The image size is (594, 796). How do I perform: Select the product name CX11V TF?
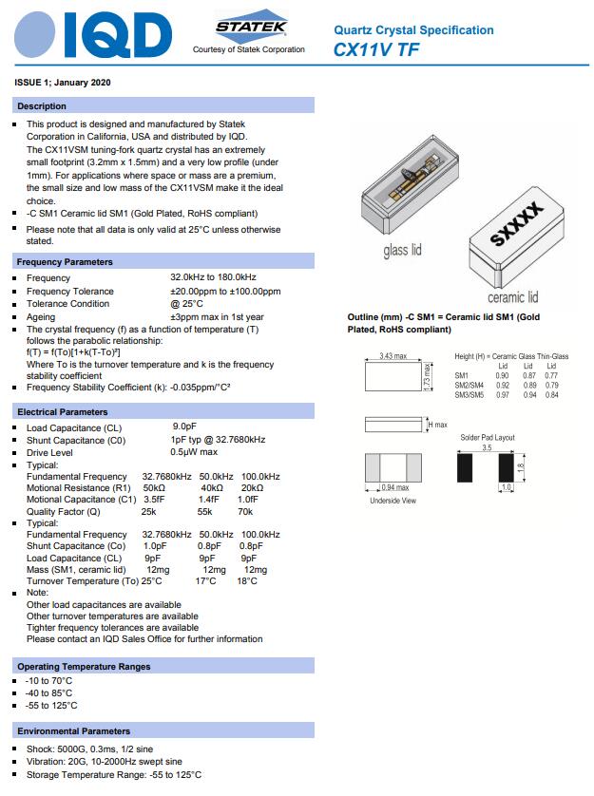click(376, 48)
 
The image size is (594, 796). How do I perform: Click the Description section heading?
click(42, 106)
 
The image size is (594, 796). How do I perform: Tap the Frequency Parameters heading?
click(65, 261)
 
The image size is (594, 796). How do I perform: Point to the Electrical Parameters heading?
click(63, 411)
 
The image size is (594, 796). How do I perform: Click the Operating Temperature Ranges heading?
click(84, 667)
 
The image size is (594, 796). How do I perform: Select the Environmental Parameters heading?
click(74, 731)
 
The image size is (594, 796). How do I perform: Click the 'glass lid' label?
click(402, 251)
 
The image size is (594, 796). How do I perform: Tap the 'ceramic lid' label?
click(513, 297)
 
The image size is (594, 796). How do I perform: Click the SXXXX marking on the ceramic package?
click(516, 224)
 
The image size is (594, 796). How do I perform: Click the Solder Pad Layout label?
click(487, 437)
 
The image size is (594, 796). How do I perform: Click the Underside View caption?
click(393, 501)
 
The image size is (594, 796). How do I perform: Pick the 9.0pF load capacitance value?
click(184, 427)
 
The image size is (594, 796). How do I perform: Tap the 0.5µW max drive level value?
click(194, 452)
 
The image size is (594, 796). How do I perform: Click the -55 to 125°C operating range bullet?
click(51, 706)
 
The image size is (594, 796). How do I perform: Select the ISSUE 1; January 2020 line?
click(63, 83)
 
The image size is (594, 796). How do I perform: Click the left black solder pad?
click(465, 466)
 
